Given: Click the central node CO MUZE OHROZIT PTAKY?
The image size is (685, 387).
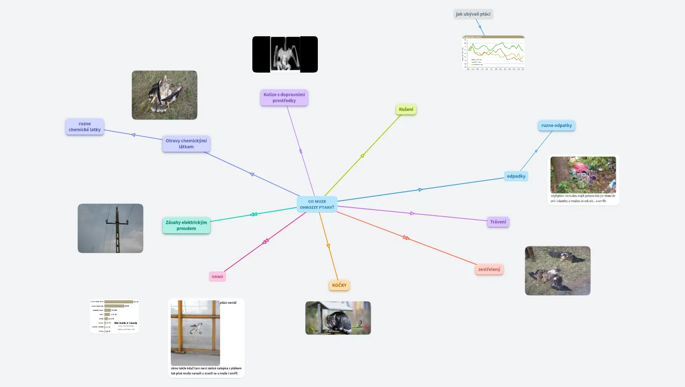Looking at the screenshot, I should pos(317,204).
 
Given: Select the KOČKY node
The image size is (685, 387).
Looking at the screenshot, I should pos(339,285).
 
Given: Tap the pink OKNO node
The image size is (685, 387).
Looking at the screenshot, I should pos(217,277).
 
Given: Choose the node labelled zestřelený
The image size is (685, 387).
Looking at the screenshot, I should pos(489,270).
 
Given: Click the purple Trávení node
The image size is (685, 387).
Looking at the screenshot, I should pos(499,222).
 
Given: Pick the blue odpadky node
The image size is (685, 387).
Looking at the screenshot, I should pos(516,176).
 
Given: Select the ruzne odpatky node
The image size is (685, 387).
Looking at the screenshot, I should pos(557,125).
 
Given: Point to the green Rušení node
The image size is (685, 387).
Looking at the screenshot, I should pos(406,109).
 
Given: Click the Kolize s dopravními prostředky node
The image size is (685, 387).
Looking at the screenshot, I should pos(284,97).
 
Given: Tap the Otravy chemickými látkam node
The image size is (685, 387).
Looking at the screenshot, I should pos(186,144).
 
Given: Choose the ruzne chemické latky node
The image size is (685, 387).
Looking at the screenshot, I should pos(85,126).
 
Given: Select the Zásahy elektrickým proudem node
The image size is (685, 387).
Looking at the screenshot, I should pos(186,226).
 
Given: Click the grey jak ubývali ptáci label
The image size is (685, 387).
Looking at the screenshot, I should pos(473,14).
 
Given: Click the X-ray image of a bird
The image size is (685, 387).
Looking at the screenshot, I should pos(285,54).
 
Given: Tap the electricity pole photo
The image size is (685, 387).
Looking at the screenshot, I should pos(110,228).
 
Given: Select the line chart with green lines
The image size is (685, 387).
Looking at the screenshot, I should pos(494,52).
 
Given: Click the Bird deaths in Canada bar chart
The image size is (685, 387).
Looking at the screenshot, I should pos(114,316).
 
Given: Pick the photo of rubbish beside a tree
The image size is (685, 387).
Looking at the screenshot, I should pos(583,174).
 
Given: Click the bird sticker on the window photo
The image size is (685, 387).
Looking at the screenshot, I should pos(196,328).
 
